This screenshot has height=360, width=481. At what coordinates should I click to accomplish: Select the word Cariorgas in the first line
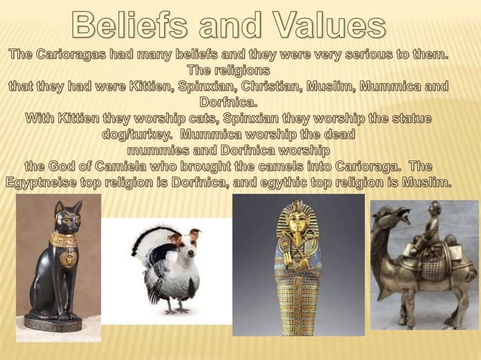tap(84, 56)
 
